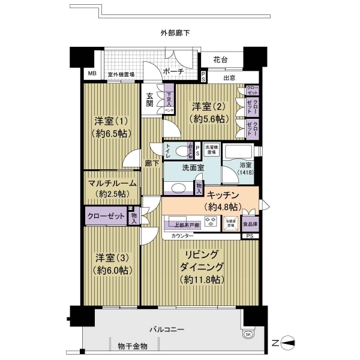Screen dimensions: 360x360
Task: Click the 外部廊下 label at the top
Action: [x=175, y=33]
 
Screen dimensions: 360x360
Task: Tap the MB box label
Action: [x=92, y=74]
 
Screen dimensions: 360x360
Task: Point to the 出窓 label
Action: [x=229, y=77]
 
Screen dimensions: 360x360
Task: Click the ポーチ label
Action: [x=173, y=71]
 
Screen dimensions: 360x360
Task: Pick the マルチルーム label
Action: [x=112, y=187]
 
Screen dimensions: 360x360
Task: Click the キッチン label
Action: [x=223, y=200]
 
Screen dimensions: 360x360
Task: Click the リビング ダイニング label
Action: [x=203, y=267]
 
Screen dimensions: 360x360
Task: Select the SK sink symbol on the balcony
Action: [x=248, y=334]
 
